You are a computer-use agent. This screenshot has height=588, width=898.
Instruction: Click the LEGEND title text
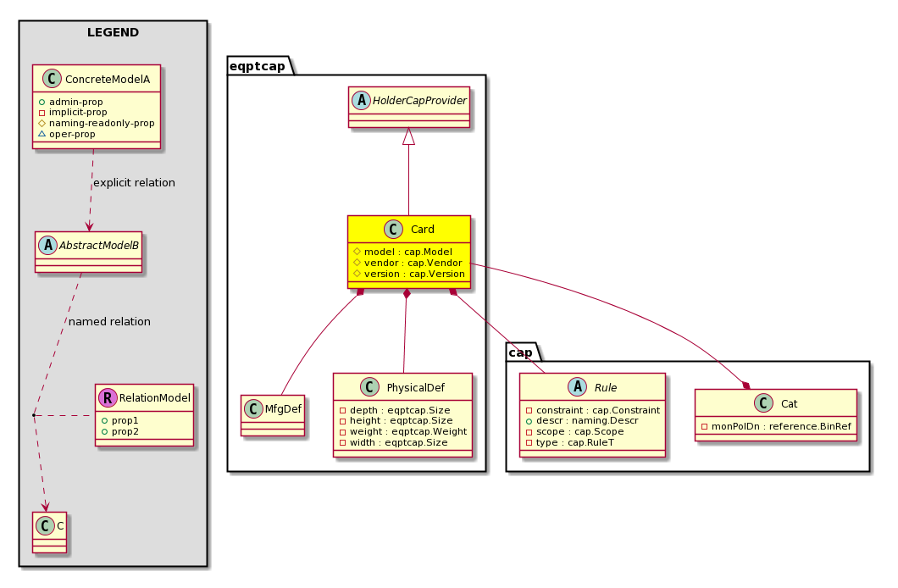(113, 33)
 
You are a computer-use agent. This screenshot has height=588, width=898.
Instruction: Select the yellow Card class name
(423, 230)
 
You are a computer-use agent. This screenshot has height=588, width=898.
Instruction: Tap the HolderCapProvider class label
(420, 101)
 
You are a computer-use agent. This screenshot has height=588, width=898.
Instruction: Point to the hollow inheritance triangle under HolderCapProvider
(408, 136)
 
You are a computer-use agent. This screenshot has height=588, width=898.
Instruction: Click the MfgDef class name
(283, 408)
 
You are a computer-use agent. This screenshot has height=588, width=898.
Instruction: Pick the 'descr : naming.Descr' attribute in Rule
(587, 421)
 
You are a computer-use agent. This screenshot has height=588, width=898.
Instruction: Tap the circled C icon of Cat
(763, 403)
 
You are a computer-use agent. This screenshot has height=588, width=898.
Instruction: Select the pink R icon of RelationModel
(108, 398)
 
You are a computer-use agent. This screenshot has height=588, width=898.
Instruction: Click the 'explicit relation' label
(134, 183)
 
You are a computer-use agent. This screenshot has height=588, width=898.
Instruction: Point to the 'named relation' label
(109, 322)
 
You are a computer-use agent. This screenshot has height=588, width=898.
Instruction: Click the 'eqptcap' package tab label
(258, 66)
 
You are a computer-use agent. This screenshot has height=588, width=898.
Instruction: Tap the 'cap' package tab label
(521, 352)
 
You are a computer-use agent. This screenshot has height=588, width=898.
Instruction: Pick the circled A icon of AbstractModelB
(48, 246)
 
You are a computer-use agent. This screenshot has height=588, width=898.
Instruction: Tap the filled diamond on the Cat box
(746, 385)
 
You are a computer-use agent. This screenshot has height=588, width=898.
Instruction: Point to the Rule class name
(606, 388)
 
